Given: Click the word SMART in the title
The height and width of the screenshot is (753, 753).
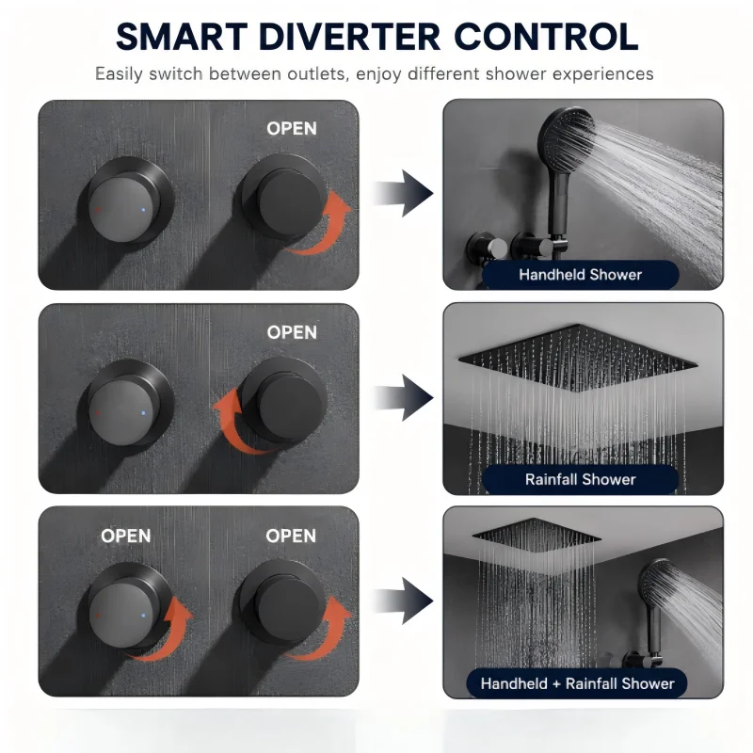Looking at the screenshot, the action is pyautogui.click(x=181, y=37).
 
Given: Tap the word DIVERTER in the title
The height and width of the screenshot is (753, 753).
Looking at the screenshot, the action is pyautogui.click(x=349, y=37).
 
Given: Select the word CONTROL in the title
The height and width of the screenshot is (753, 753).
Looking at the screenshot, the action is pyautogui.click(x=546, y=37).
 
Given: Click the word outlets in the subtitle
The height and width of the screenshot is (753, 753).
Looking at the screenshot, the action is pyautogui.click(x=315, y=74).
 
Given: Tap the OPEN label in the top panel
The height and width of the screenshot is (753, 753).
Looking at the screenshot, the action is pyautogui.click(x=292, y=128).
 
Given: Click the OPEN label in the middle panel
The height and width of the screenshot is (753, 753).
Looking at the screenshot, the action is pyautogui.click(x=292, y=332).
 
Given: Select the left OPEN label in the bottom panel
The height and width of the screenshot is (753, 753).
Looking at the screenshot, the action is pyautogui.click(x=126, y=536).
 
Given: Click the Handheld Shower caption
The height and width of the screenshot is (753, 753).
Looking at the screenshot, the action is pyautogui.click(x=580, y=275).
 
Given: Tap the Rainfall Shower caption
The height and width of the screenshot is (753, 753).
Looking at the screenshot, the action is pyautogui.click(x=580, y=479).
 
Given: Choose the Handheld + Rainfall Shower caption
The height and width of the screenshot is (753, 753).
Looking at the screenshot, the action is pyautogui.click(x=577, y=683).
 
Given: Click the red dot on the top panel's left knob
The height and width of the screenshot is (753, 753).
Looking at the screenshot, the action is pyautogui.click(x=98, y=210).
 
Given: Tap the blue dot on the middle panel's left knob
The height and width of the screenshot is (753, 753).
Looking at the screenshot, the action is pyautogui.click(x=143, y=413).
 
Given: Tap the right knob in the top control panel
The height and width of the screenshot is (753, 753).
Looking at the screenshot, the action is pyautogui.click(x=287, y=197).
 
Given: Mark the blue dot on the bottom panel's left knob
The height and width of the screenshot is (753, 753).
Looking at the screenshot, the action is pyautogui.click(x=143, y=616).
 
